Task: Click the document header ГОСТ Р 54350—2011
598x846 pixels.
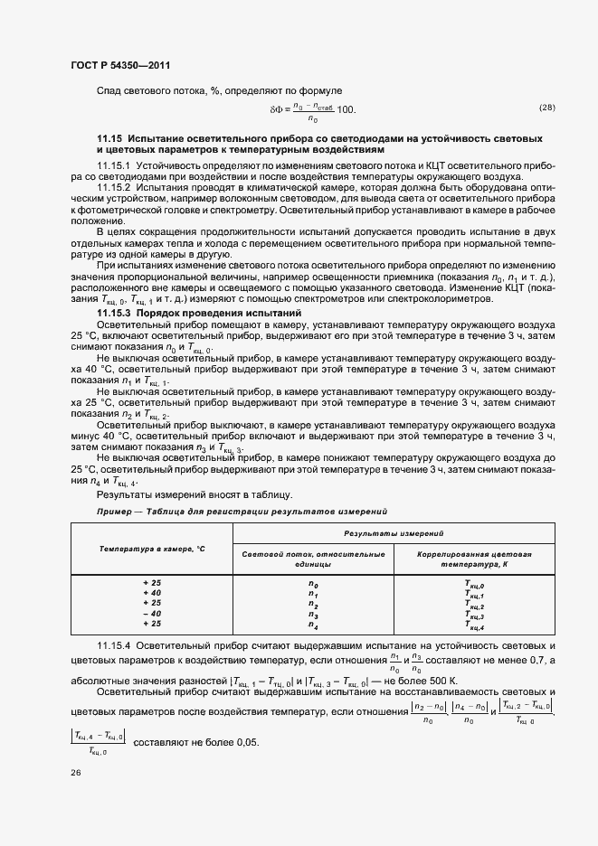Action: tap(117, 66)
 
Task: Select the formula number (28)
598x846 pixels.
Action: tap(546, 108)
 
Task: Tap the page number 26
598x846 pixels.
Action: tap(74, 773)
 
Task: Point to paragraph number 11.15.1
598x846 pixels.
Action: tap(114, 167)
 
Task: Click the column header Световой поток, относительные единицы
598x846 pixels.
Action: tap(313, 558)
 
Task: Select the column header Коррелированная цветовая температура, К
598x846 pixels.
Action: tap(474, 558)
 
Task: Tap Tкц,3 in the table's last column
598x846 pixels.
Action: tap(474, 615)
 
